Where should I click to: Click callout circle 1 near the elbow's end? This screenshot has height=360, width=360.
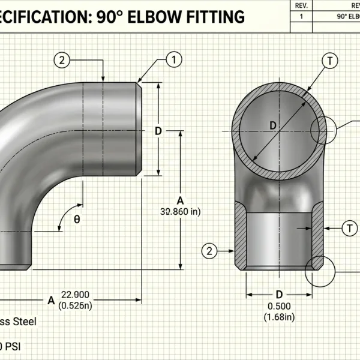pyautogui.click(x=173, y=59)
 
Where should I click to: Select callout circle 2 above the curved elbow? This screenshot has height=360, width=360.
pyautogui.click(x=62, y=59)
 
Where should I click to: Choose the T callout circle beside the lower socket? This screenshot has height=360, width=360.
pyautogui.click(x=349, y=227)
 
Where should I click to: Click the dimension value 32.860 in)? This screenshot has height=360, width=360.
pyautogui.click(x=179, y=212)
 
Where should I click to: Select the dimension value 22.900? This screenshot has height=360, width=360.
pyautogui.click(x=74, y=294)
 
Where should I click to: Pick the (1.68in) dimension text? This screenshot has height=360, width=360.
pyautogui.click(x=279, y=317)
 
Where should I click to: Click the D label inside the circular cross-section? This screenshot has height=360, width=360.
pyautogui.click(x=272, y=125)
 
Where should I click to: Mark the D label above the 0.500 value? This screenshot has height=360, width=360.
pyautogui.click(x=279, y=295)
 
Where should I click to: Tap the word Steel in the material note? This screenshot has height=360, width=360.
pyautogui.click(x=23, y=322)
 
